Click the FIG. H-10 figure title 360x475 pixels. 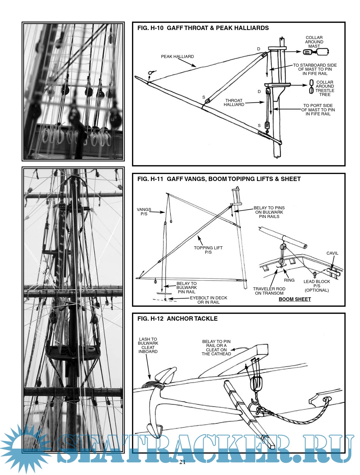(203, 28)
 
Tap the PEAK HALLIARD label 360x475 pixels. (177, 57)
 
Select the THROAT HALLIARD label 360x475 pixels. (234, 103)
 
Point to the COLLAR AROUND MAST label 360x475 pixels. (314, 42)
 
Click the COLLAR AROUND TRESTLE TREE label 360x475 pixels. (325, 88)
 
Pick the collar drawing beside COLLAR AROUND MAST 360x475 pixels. (316, 52)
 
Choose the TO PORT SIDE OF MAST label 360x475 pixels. (318, 110)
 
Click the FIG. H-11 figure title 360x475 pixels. (219, 179)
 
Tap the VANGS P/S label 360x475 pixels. (144, 212)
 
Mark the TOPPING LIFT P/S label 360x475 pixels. (208, 250)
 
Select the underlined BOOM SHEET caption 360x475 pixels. (295, 299)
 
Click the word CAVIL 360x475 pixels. (332, 253)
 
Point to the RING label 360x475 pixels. (289, 280)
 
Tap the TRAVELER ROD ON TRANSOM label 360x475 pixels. (269, 291)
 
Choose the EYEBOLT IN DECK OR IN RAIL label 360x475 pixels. (209, 300)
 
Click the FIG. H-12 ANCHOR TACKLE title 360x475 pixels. (177, 319)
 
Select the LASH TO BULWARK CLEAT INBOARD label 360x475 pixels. (148, 345)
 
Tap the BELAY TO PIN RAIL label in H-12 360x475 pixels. (216, 348)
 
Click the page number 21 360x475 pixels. (182, 462)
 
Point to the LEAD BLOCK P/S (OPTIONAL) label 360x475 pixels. (317, 286)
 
